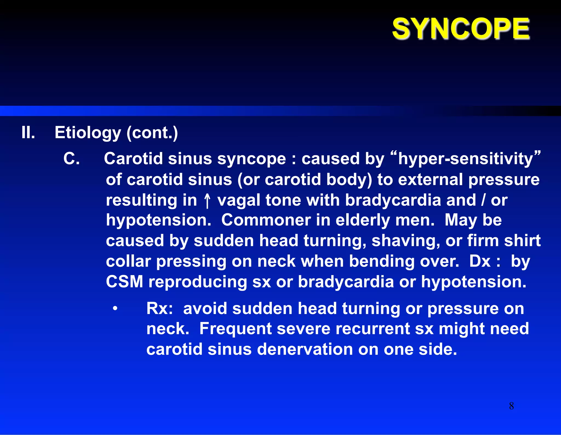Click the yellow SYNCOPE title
click(461, 29)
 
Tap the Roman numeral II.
click(28, 132)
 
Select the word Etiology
click(88, 133)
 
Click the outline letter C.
click(71, 159)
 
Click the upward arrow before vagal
click(207, 200)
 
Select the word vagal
click(238, 200)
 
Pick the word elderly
click(362, 221)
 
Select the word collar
click(128, 261)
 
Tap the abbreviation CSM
click(124, 282)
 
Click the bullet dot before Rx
click(115, 309)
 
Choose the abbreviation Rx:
click(159, 309)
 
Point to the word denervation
click(305, 349)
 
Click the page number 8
click(511, 406)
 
